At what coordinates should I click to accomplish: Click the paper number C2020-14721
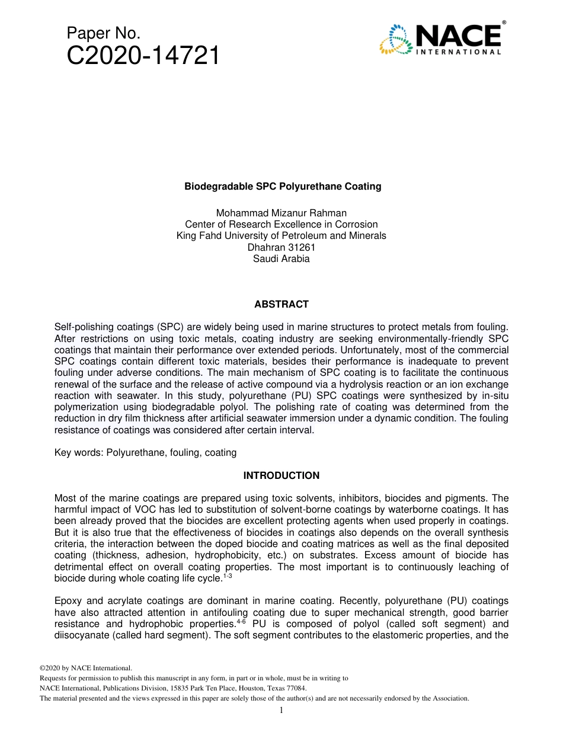tap(143, 56)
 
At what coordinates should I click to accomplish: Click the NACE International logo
tap(442, 39)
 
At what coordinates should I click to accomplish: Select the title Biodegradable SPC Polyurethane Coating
tap(282, 187)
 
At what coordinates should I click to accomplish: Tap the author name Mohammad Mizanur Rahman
tap(281, 213)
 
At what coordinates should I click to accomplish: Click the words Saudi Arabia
tap(281, 258)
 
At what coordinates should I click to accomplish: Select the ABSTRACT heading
tap(281, 305)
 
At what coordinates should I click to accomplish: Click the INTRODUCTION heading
tap(281, 475)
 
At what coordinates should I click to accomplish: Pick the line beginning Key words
tap(145, 453)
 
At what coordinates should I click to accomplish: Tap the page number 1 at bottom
tap(281, 710)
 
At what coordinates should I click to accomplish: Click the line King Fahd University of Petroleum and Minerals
tap(281, 236)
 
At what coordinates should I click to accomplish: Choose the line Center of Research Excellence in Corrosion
tap(281, 225)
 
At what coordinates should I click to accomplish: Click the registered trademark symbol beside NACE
tap(504, 23)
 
